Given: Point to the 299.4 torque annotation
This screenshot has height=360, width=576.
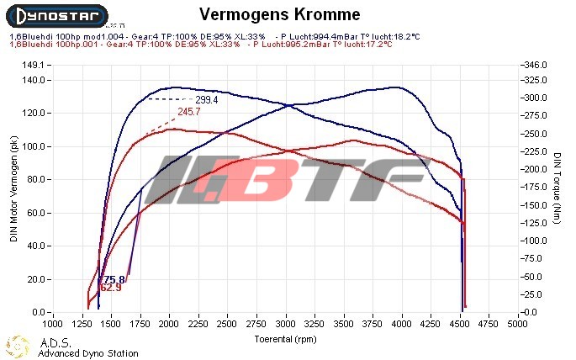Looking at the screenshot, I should (x=207, y=99).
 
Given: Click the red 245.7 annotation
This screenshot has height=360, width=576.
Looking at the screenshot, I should (x=189, y=112).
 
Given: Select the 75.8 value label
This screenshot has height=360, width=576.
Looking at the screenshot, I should (x=114, y=279).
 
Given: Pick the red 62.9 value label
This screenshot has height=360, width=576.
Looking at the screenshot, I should (x=110, y=288).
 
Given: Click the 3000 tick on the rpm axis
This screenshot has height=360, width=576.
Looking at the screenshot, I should (x=286, y=323).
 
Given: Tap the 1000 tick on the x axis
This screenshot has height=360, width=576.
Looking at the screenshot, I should (x=52, y=323).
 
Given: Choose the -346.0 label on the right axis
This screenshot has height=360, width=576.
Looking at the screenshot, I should (x=536, y=65).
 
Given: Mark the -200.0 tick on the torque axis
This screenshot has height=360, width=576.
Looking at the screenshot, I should (x=536, y=169).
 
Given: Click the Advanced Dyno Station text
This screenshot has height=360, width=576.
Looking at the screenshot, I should (x=87, y=353).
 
